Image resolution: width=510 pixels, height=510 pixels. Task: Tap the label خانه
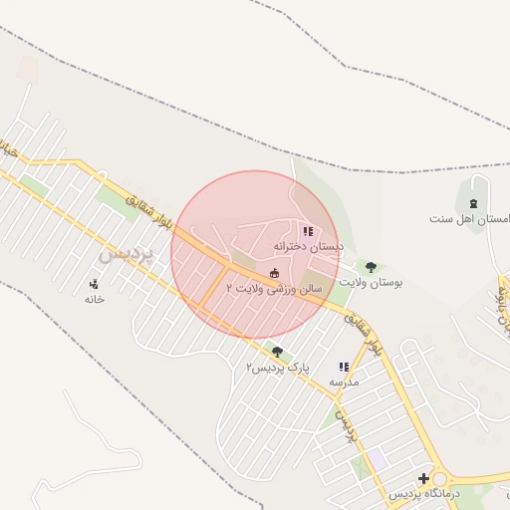click(95, 299)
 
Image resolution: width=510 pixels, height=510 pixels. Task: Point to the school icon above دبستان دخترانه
click(308, 231)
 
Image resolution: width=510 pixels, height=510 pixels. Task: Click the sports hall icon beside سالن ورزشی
click(275, 273)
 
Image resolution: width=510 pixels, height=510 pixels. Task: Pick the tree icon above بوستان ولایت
click(371, 267)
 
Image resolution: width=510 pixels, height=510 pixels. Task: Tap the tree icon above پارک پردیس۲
click(277, 352)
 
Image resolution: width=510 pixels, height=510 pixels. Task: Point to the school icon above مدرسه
click(344, 367)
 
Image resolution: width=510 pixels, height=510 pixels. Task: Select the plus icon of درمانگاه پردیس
click(423, 479)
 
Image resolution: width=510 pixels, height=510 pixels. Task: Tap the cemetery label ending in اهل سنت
click(469, 217)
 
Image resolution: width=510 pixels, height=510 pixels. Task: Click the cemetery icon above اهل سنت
click(473, 202)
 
